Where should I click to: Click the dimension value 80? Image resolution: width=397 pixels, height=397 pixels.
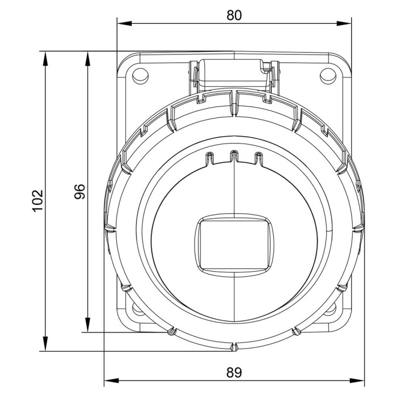[x=234, y=15]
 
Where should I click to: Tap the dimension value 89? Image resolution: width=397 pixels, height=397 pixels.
[x=234, y=373]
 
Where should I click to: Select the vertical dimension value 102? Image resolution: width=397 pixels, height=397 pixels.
[x=38, y=201]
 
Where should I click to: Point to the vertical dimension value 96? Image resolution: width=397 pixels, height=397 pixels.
[x=80, y=192]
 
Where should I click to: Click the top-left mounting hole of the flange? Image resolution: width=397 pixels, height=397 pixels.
[x=140, y=76]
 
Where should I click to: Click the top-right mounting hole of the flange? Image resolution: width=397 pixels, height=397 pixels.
[x=328, y=76]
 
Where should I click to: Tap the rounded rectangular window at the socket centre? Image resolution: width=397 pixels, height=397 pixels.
[x=234, y=245]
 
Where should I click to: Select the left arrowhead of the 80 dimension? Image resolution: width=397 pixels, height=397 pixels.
[x=125, y=24]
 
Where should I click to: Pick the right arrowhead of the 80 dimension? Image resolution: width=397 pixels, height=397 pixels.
[x=344, y=24]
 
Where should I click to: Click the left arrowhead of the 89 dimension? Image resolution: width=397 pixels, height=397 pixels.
[x=112, y=381]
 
